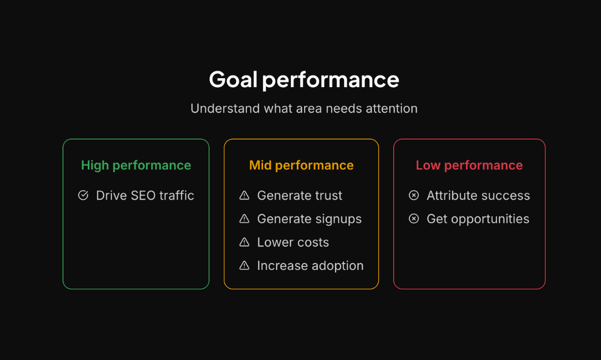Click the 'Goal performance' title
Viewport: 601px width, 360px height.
coord(304,79)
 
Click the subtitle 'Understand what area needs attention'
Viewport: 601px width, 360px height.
coord(304,109)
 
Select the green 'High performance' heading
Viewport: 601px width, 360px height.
coord(136,165)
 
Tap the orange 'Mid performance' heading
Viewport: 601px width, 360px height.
coord(301,165)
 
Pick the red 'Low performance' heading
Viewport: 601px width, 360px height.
coord(469,165)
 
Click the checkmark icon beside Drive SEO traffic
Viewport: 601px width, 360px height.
coord(83,195)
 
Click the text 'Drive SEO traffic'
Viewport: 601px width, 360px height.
coord(145,196)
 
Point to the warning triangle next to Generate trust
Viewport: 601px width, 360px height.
coord(244,195)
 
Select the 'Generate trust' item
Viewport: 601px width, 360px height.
coord(300,196)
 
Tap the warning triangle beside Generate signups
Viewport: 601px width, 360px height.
coord(244,219)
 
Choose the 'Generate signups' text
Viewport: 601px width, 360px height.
coord(309,219)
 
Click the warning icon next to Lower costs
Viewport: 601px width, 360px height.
coord(244,242)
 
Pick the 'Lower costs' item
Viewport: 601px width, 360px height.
coord(293,242)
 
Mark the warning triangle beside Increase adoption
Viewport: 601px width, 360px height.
coord(244,265)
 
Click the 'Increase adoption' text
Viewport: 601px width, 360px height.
coord(310,265)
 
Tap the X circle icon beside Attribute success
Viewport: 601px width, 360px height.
coord(414,195)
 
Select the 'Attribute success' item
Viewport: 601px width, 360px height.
coord(478,196)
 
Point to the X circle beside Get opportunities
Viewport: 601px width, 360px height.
coord(414,219)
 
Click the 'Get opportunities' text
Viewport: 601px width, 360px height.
coord(478,219)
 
